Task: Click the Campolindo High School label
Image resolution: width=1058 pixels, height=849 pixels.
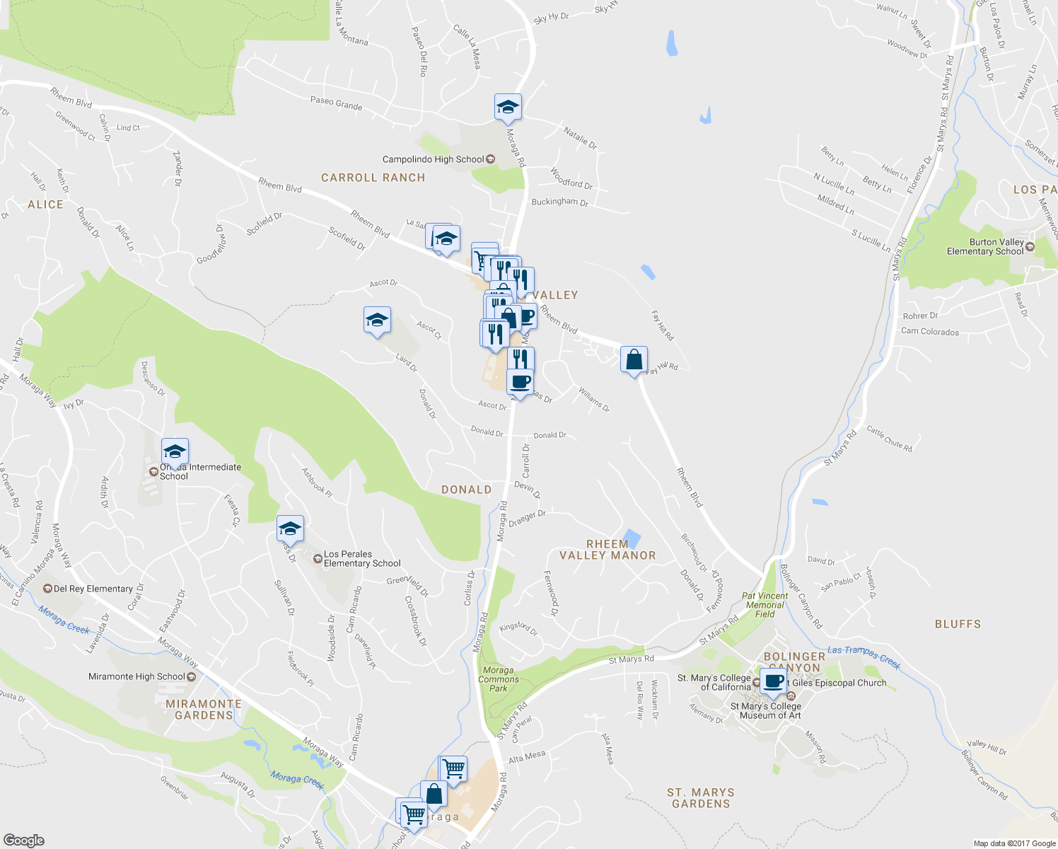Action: [x=433, y=159]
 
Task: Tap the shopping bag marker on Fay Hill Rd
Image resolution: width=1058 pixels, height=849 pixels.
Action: [x=634, y=359]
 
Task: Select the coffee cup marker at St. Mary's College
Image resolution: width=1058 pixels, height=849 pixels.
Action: [x=773, y=681]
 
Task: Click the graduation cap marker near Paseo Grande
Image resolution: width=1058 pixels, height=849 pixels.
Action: [x=508, y=108]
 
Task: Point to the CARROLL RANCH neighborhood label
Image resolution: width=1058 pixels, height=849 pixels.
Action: [x=373, y=178]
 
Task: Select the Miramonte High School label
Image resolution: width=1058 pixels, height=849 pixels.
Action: [x=136, y=676]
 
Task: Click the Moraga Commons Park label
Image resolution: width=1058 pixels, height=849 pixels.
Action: [x=499, y=679]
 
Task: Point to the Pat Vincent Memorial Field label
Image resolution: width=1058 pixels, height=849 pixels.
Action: [x=765, y=605]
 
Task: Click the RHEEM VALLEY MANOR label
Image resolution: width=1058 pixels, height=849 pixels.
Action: [x=608, y=550]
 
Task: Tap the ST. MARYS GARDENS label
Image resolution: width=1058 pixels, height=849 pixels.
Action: [x=701, y=798]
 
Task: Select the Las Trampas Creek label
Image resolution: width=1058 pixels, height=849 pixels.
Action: [x=864, y=657]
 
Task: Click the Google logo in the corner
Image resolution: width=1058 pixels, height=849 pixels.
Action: [x=23, y=840]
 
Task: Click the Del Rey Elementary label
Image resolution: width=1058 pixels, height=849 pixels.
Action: [x=93, y=589]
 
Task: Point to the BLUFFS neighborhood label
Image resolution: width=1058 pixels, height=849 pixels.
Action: [x=958, y=624]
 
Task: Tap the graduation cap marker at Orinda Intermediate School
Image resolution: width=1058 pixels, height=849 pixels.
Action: [x=175, y=451]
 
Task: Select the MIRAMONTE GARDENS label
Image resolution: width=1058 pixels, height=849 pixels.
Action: [x=204, y=710]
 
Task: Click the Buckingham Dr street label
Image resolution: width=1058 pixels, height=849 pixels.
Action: [x=559, y=202]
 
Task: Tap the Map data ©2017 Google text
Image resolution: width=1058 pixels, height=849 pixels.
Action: [x=1014, y=843]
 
